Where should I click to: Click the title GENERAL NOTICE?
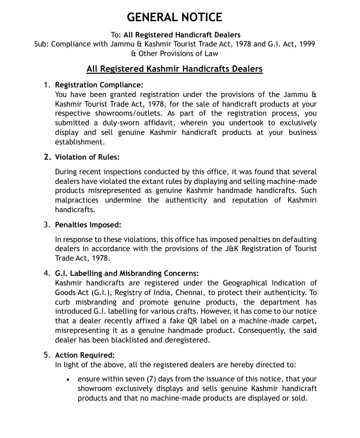174,17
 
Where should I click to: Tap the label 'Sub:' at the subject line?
42,44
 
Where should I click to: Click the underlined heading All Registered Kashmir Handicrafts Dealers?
175,69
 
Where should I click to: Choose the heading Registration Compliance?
99,85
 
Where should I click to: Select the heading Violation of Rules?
87,157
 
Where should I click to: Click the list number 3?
46,225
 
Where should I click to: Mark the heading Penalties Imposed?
88,225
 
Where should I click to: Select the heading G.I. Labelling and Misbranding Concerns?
127,274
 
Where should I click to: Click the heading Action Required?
85,355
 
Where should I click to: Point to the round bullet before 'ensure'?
68,379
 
